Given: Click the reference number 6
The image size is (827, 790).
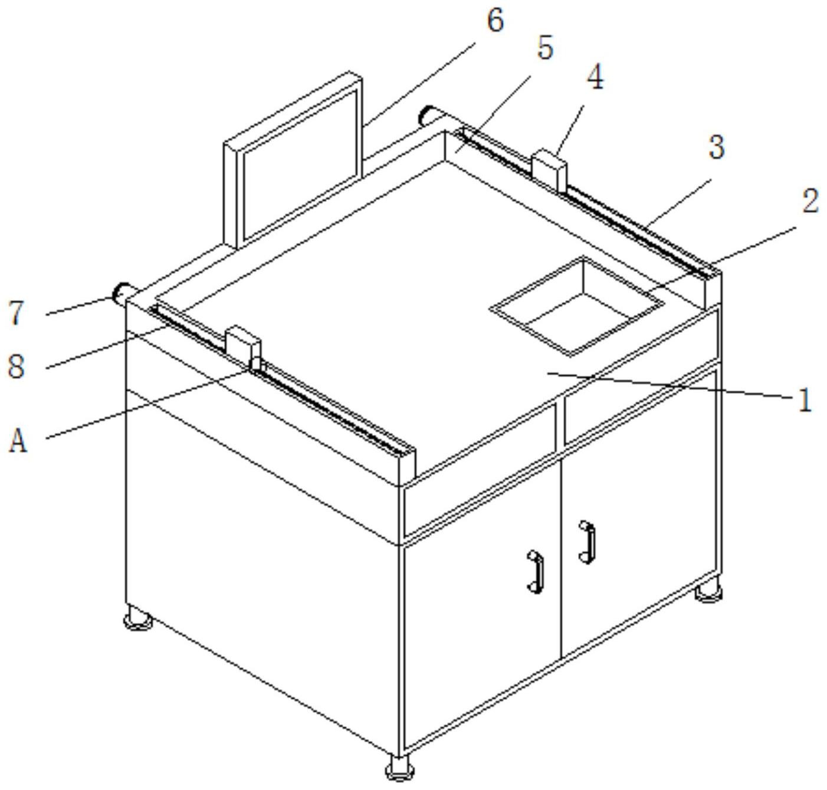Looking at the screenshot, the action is [x=495, y=21].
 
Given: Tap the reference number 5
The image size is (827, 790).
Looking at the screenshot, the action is [x=545, y=48].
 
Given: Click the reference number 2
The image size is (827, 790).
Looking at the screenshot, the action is [x=810, y=201].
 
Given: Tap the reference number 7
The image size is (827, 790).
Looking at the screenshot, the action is [x=16, y=313].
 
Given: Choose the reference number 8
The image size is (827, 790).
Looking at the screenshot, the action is [x=16, y=366].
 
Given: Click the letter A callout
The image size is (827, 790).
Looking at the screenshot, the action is [x=18, y=441].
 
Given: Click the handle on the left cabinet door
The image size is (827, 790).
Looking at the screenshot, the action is [x=536, y=572].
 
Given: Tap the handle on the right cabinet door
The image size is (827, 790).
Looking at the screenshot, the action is [x=587, y=542].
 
